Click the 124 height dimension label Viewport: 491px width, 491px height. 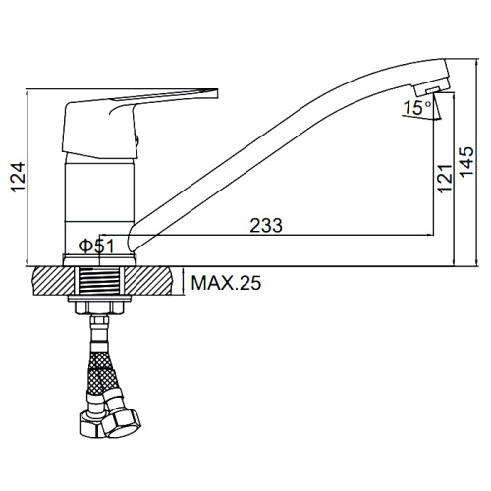click(x=18, y=177)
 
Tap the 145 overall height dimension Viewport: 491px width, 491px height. click(x=466, y=162)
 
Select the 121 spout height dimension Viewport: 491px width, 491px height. click(x=445, y=179)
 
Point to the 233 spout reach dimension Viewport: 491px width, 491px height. click(x=266, y=225)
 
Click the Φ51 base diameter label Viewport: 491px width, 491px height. click(x=96, y=245)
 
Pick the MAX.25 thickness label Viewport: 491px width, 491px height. click(x=226, y=283)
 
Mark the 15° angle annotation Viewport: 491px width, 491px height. click(x=417, y=107)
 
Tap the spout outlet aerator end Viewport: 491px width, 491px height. click(x=433, y=86)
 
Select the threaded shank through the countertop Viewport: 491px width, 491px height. click(x=99, y=281)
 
